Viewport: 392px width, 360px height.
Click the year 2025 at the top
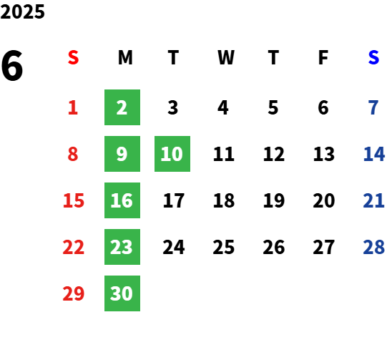[22, 11]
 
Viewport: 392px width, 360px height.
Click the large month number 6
[12, 66]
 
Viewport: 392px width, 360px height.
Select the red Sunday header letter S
[73, 57]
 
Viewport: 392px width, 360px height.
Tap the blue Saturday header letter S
[373, 57]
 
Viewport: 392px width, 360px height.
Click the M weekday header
[125, 57]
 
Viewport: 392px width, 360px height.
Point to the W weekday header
[226, 57]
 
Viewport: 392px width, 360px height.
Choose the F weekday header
[323, 57]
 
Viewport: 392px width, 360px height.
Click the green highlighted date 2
[122, 107]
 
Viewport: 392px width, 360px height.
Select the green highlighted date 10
[172, 154]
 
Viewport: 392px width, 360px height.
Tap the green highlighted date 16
[122, 200]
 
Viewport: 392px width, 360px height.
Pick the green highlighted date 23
[122, 247]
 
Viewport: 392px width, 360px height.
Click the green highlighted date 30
[122, 293]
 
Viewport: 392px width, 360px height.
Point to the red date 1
[73, 107]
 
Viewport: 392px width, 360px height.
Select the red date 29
[74, 293]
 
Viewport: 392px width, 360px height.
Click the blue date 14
[374, 154]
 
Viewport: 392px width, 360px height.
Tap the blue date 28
[374, 247]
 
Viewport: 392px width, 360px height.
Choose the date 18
[224, 200]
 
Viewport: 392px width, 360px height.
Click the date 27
[324, 247]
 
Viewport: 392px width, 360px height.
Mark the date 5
[273, 107]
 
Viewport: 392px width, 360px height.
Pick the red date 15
[74, 200]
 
